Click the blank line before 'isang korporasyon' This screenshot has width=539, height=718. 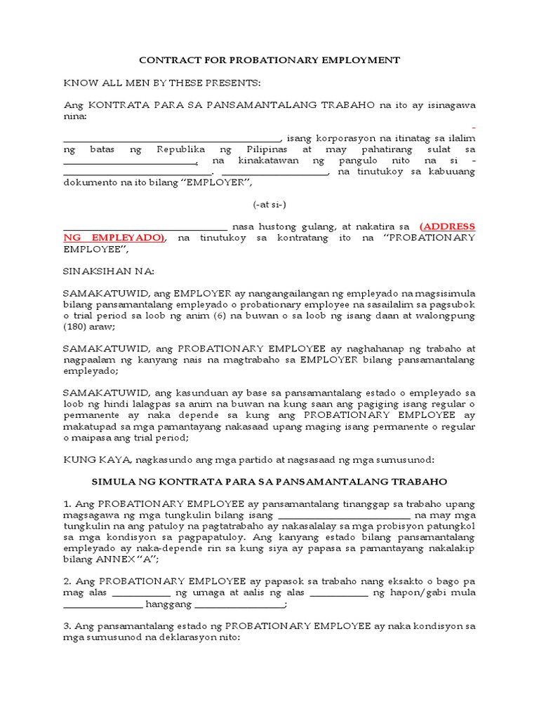[x=172, y=139]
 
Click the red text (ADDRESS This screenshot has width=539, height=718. [x=447, y=226]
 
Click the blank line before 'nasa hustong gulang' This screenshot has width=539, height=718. [x=145, y=227]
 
